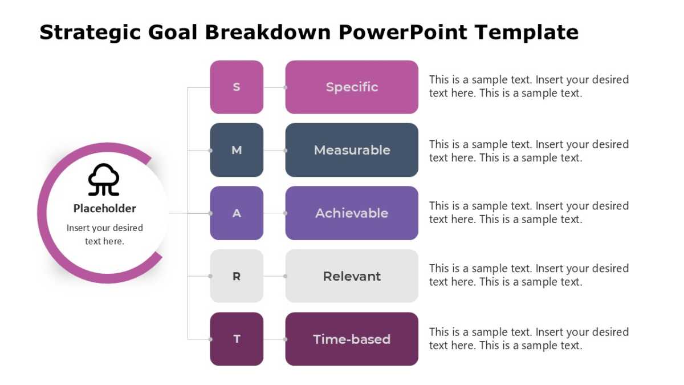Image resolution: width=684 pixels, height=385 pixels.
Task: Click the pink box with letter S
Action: pos(237,87)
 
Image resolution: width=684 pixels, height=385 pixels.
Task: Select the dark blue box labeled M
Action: pos(237,150)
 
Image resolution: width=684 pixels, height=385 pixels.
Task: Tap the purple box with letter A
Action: pos(237,213)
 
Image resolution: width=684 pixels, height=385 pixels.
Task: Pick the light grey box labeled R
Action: pos(237,276)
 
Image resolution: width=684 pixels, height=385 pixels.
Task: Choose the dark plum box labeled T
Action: pos(237,339)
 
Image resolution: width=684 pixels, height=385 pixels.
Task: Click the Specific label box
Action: pos(352,87)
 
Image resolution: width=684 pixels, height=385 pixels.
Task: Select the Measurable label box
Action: pos(352,150)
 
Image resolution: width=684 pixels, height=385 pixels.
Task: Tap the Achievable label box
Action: pos(352,213)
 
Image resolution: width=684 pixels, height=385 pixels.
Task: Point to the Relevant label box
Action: pos(352,276)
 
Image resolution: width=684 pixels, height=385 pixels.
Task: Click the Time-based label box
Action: pos(352,339)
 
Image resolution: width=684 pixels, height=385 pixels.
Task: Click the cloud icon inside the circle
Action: pos(104,180)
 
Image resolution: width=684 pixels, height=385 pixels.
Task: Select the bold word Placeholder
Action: pos(104,209)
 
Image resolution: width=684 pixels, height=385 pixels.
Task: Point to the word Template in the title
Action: pos(527,33)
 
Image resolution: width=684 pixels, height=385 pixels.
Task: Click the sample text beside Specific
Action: pos(528,87)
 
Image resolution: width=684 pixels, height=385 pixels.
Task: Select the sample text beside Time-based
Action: pos(528,339)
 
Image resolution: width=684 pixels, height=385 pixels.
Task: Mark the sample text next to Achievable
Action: pos(528,213)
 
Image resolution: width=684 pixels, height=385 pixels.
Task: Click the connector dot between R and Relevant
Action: pos(285,276)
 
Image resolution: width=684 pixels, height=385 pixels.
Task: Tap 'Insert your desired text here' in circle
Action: pos(104,234)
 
